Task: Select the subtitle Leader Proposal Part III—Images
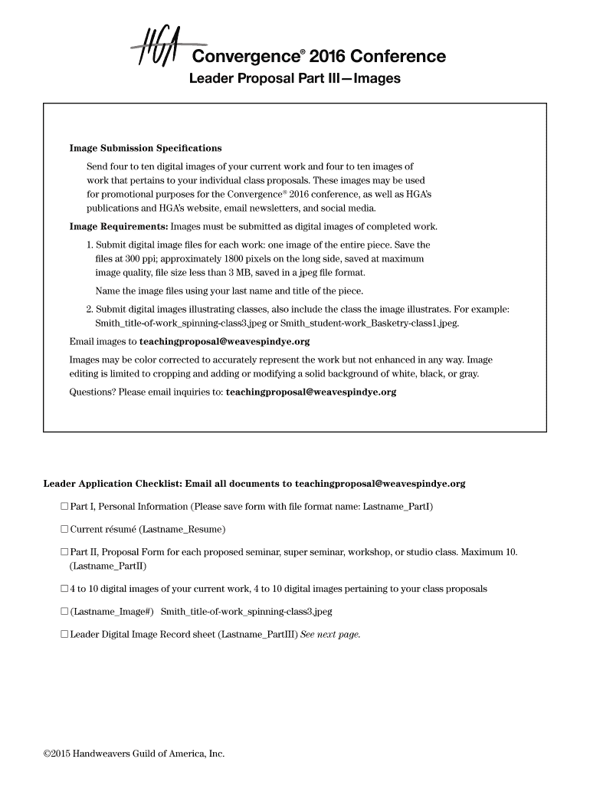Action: (295, 79)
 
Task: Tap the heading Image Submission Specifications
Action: (146, 148)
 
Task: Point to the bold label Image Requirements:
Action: (119, 227)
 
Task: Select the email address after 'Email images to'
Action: (225, 342)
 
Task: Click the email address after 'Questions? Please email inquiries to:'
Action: (311, 392)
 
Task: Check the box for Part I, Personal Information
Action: (64, 507)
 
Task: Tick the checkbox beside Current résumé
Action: (64, 529)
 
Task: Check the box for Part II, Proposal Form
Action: (64, 552)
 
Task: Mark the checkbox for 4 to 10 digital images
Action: (64, 590)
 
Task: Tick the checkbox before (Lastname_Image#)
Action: (64, 612)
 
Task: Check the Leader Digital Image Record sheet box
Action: (64, 635)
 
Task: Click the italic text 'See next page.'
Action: (330, 635)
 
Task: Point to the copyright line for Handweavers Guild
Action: (134, 754)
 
